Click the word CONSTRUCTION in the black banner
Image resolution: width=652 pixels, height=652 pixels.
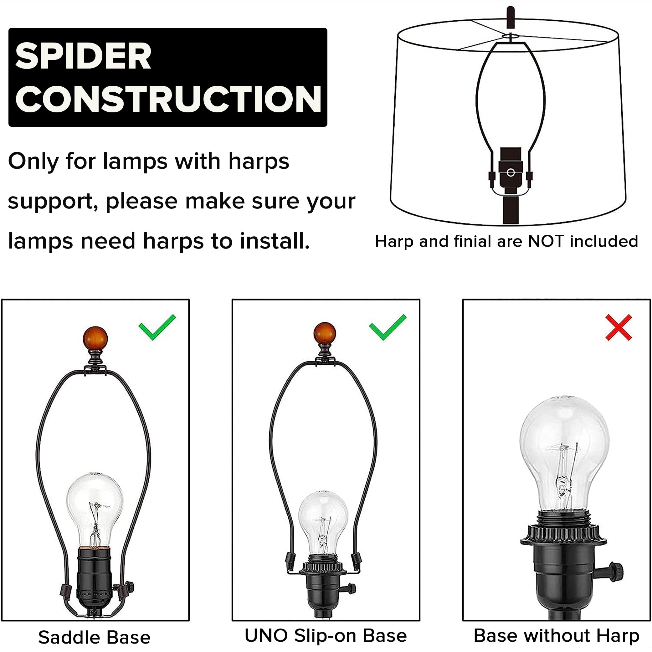tap(168, 99)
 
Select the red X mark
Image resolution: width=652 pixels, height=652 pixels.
tap(618, 328)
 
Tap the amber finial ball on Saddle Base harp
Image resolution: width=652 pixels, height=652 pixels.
tap(95, 338)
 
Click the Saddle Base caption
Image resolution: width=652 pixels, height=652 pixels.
tap(95, 638)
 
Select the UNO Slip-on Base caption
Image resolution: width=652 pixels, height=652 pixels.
tap(326, 635)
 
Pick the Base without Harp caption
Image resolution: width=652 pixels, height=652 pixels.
tap(557, 635)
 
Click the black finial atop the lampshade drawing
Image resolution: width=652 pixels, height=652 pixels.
tap(511, 17)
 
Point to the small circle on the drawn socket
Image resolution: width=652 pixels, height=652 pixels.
tap(511, 173)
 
